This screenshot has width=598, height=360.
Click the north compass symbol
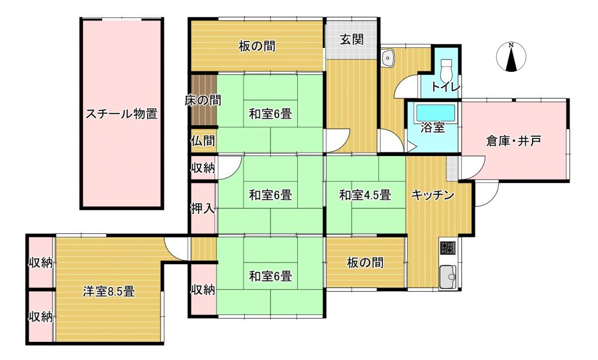tap(511, 57)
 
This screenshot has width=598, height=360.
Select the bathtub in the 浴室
tap(435, 113)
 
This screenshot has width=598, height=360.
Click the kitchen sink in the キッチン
tap(448, 276)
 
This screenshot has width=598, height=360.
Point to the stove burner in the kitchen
tap(448, 248)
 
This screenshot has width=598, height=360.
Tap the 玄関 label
tap(352, 39)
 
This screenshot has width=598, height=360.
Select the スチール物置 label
tap(121, 114)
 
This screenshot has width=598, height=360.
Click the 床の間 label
tap(203, 101)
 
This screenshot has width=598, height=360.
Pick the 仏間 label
tap(203, 141)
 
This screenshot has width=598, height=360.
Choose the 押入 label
tap(203, 209)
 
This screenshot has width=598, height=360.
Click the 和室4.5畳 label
tap(365, 195)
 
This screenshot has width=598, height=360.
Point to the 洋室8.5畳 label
tap(109, 292)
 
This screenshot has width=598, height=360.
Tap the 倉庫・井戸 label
tap(513, 141)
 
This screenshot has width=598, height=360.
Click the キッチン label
tap(433, 195)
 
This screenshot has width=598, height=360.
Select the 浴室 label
tap(433, 127)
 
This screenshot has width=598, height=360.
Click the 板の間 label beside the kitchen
tap(365, 262)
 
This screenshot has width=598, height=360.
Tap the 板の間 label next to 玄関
tap(257, 46)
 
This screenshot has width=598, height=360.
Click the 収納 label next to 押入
tap(203, 168)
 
